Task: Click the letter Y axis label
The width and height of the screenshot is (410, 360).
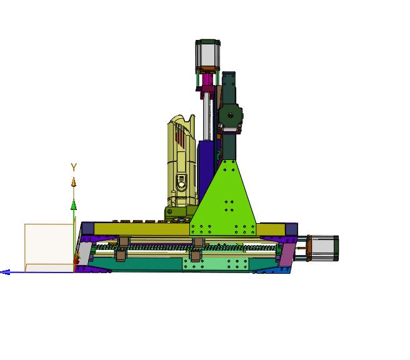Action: click(x=74, y=167)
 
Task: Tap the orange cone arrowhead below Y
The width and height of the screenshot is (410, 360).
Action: click(x=74, y=182)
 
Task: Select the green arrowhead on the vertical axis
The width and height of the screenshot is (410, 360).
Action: click(x=74, y=204)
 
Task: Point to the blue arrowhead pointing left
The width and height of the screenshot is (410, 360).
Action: click(x=5, y=272)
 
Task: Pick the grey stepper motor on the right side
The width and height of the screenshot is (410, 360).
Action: click(x=323, y=248)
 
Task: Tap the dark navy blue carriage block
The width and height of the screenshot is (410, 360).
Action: click(x=206, y=170)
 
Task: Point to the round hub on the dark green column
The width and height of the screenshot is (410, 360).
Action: click(x=231, y=115)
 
